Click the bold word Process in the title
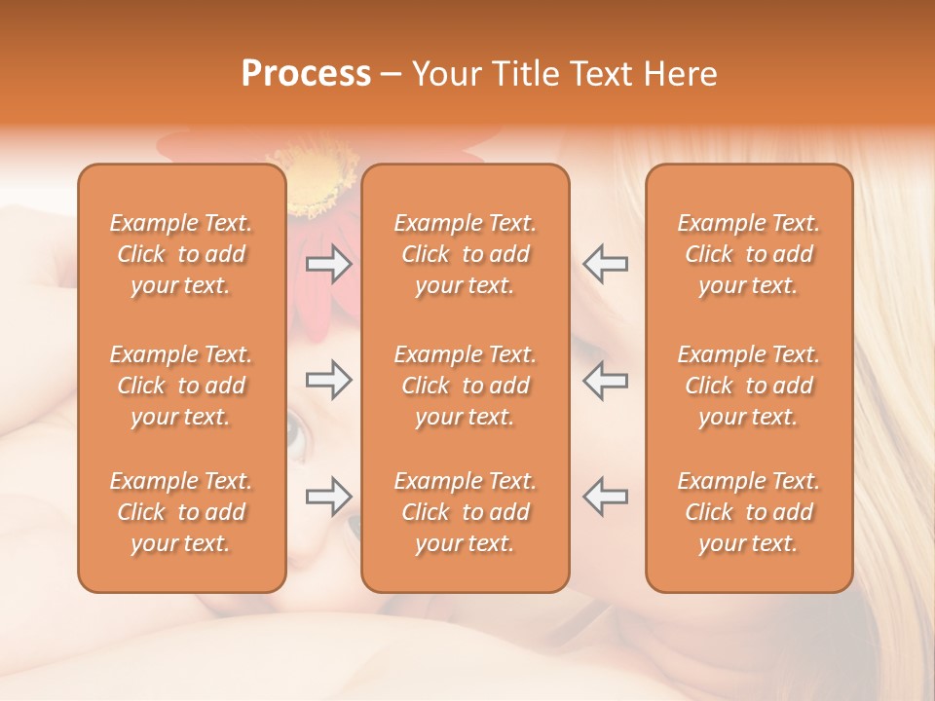[306, 74]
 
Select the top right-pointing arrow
[328, 264]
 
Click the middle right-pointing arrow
[328, 380]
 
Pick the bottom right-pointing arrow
[328, 497]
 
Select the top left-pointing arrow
[605, 264]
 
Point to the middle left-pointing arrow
[605, 380]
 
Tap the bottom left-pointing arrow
[605, 497]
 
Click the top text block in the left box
[181, 254]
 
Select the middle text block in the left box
[181, 386]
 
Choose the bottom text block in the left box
[181, 512]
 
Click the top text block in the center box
[466, 254]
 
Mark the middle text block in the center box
[466, 386]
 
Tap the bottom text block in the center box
[466, 512]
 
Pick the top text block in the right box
[749, 254]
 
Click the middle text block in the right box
[749, 386]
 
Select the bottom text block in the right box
[749, 512]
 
